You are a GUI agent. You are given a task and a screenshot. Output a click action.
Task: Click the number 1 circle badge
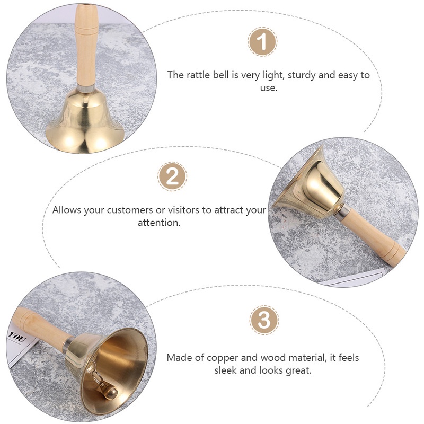coord(262,42)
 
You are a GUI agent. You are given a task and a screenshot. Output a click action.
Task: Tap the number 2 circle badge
coord(172,176)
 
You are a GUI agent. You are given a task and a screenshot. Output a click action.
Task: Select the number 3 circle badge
coord(264,320)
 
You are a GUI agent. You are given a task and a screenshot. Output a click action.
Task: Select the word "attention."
coord(158,223)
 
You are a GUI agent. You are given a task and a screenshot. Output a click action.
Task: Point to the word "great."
coord(298,370)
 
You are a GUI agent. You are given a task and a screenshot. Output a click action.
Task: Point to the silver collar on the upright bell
coord(86,88)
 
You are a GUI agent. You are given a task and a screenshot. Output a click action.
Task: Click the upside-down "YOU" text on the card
coord(17,337)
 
